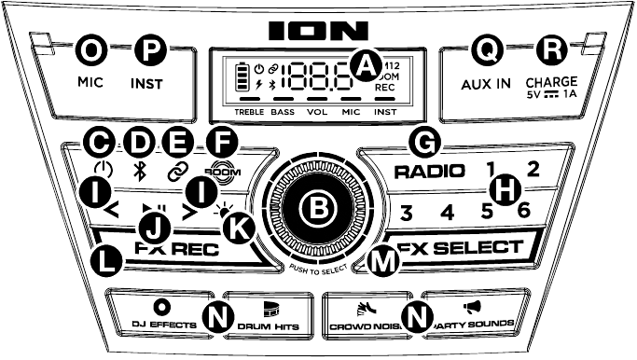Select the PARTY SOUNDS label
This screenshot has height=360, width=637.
[476, 324]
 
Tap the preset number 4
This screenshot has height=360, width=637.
[447, 213]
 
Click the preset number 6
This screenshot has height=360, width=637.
[523, 211]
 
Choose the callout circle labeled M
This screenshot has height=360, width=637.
[380, 261]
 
